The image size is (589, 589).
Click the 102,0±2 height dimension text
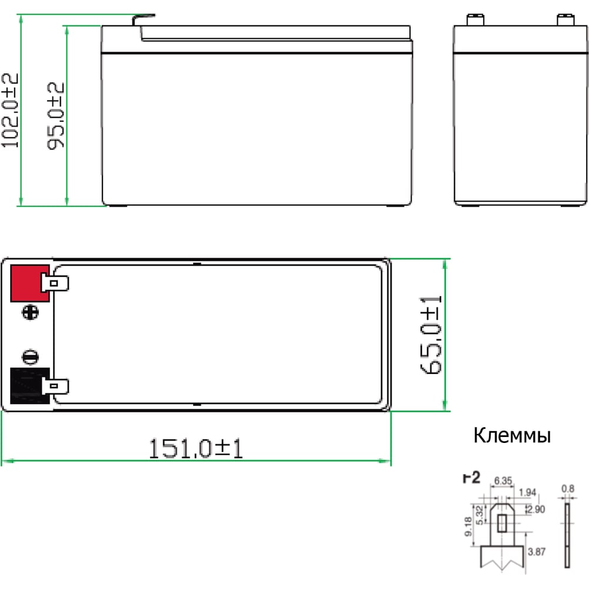pyautogui.click(x=10, y=111)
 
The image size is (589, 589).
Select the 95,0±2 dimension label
pyautogui.click(x=55, y=115)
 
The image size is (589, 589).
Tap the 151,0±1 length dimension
pyautogui.click(x=196, y=448)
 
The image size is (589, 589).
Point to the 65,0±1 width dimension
pyautogui.click(x=431, y=335)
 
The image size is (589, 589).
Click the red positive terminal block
pyautogui.click(x=29, y=283)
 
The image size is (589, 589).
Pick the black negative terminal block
pyautogui.click(x=29, y=386)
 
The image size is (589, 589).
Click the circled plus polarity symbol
pyautogui.click(x=31, y=313)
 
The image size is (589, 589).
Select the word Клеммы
pyautogui.click(x=512, y=436)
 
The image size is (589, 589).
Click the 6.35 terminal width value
pyautogui.click(x=503, y=481)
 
